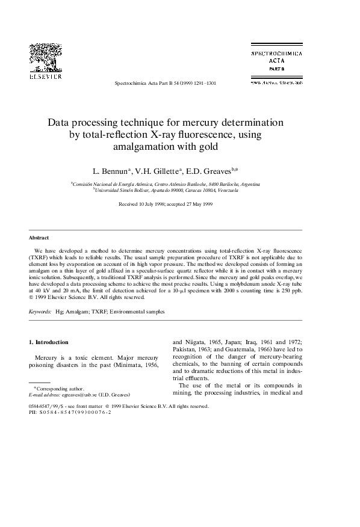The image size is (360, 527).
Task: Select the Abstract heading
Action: click(x=39, y=238)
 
